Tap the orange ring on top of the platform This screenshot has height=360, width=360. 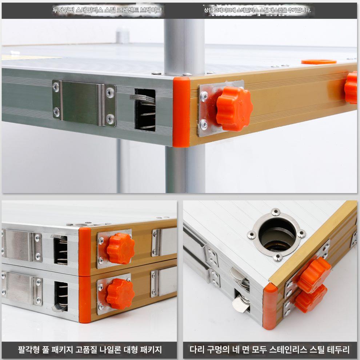click(x=319, y=62)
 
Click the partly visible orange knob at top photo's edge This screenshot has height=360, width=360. click(x=351, y=87)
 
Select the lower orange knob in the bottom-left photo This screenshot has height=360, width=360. click(x=120, y=293)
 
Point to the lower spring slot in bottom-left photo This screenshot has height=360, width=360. click(x=61, y=297)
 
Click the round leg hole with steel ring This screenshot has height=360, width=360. click(x=277, y=234)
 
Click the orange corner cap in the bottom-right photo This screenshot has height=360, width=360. click(x=270, y=306)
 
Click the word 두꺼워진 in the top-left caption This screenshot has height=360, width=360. click(x=63, y=10)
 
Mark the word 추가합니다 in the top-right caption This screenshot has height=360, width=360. click(x=299, y=10)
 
